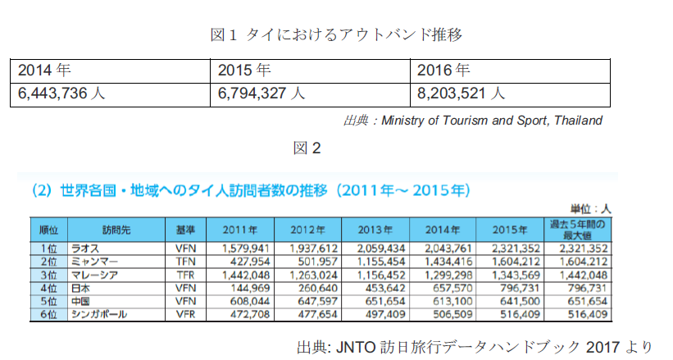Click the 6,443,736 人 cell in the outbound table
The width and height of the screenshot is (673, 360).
click(x=61, y=93)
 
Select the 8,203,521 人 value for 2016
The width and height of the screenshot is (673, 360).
click(x=462, y=93)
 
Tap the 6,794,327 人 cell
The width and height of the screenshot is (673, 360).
click(x=262, y=93)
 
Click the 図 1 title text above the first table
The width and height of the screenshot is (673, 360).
click(x=337, y=34)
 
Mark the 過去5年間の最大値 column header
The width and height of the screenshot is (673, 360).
click(x=580, y=229)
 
